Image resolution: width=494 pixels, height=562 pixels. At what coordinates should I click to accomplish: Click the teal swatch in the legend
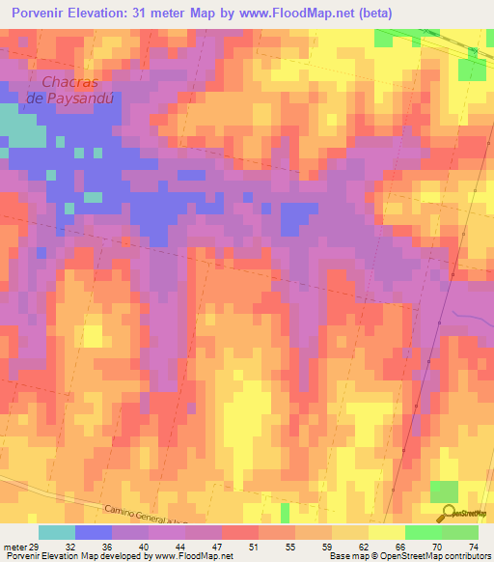[57, 532]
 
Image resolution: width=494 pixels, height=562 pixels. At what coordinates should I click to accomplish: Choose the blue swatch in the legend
[94, 532]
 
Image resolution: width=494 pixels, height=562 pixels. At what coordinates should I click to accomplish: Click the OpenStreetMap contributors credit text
[433, 556]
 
